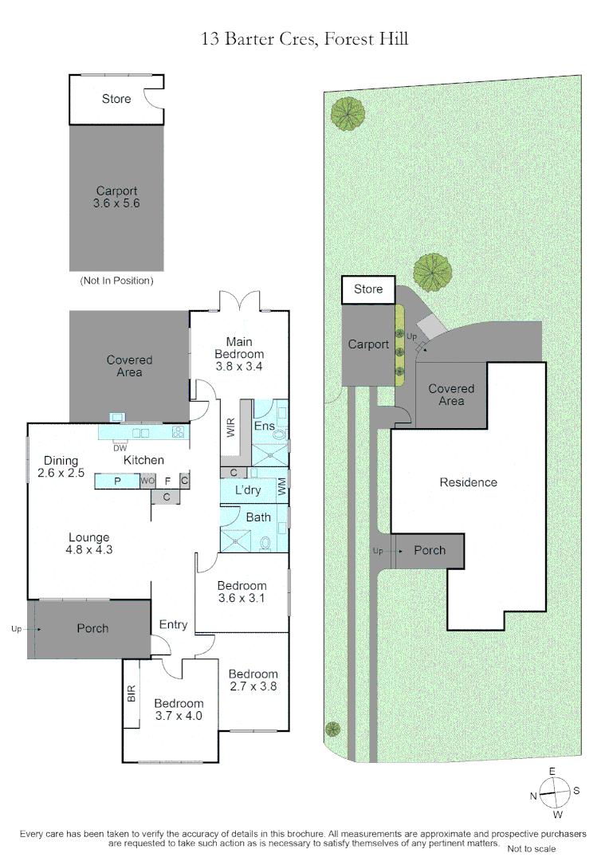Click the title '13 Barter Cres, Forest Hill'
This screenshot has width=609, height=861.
304,39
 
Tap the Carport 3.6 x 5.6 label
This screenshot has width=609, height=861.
116,197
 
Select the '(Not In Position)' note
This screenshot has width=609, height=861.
116,281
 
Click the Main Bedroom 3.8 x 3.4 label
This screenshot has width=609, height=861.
239,354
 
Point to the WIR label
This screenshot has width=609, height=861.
230,427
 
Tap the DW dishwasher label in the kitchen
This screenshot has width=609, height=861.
120,448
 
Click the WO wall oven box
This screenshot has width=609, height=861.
147,481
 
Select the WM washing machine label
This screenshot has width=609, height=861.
281,486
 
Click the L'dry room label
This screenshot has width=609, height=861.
248,490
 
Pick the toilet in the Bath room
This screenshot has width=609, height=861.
265,544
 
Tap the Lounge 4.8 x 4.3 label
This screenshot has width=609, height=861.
89,544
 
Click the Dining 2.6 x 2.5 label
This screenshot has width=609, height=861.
61,466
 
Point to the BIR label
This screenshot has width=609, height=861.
132,694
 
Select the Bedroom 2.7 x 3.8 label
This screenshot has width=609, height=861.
253,680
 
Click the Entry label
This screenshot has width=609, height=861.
173,625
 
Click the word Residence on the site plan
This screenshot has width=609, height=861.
469,482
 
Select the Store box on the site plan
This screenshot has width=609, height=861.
368,289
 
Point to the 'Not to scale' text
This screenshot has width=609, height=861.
531,848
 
